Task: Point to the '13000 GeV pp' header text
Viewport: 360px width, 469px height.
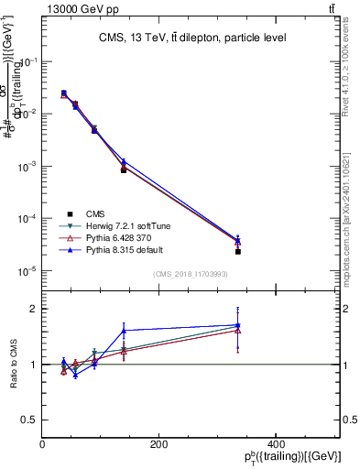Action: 80,8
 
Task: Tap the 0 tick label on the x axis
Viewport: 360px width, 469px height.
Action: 43,443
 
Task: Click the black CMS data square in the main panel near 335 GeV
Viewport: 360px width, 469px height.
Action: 237,251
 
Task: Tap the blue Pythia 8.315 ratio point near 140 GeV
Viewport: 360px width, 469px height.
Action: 123,331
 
